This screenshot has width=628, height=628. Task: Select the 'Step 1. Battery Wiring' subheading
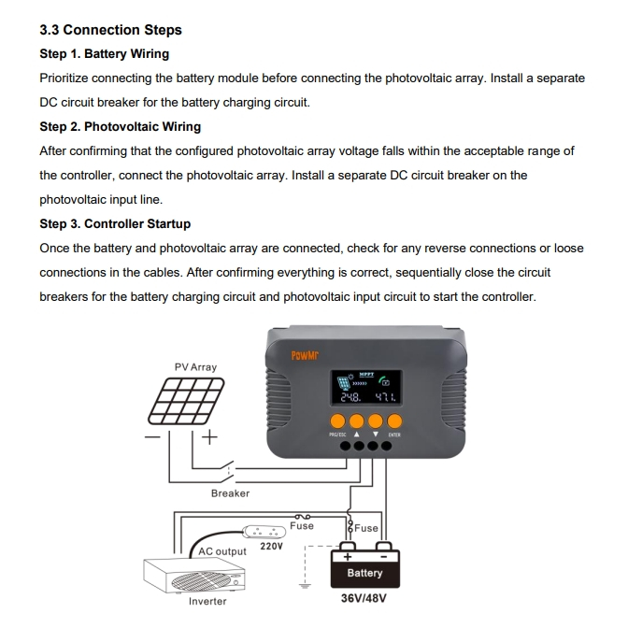tap(104, 54)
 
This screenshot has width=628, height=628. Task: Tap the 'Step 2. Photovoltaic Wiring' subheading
tap(120, 126)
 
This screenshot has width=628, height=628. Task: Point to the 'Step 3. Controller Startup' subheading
tap(115, 223)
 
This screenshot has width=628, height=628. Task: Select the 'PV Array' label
tap(195, 367)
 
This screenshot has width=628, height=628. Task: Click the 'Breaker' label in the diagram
tap(230, 492)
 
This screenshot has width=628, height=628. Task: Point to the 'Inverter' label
tap(207, 601)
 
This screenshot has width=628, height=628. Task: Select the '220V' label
tap(271, 547)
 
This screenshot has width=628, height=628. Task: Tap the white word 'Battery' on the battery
tap(364, 573)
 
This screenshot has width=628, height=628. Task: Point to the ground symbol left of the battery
tap(301, 587)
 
